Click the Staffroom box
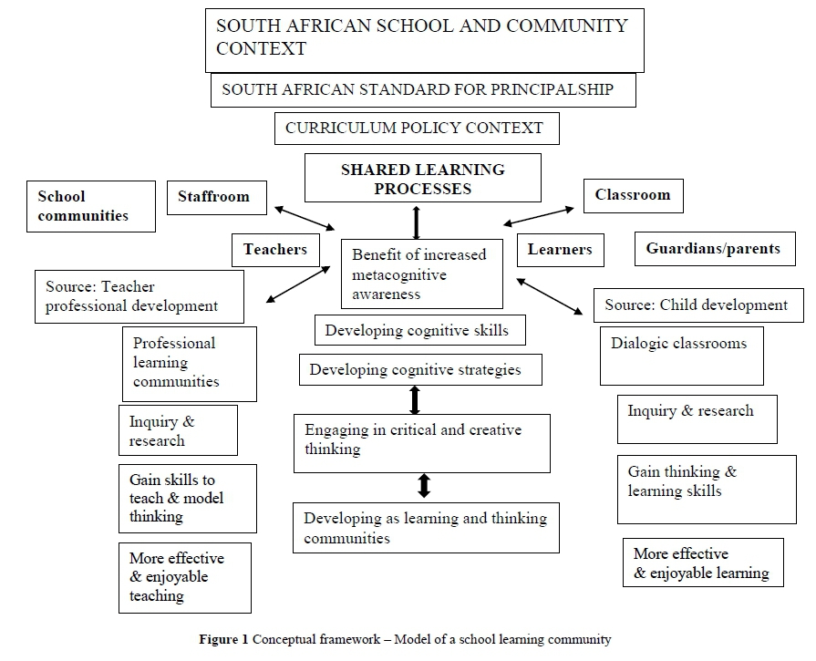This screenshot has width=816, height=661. [x=214, y=197]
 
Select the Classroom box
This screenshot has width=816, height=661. [x=632, y=195]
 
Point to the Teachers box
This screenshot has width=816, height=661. [x=275, y=249]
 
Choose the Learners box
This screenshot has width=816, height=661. [x=561, y=249]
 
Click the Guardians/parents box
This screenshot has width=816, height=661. [x=713, y=249]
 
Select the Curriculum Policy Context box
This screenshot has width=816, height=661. [x=417, y=129]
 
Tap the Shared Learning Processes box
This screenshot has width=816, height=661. [x=422, y=178]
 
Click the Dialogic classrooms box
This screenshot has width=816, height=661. [x=679, y=355]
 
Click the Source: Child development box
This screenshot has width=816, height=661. [x=697, y=305]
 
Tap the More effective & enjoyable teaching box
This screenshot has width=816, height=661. [x=183, y=577]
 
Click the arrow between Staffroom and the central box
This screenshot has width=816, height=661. [x=305, y=218]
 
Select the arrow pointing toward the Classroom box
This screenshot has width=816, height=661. [x=539, y=215]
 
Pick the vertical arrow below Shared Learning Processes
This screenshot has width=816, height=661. [x=417, y=222]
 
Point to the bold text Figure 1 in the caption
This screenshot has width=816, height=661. [x=223, y=639]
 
